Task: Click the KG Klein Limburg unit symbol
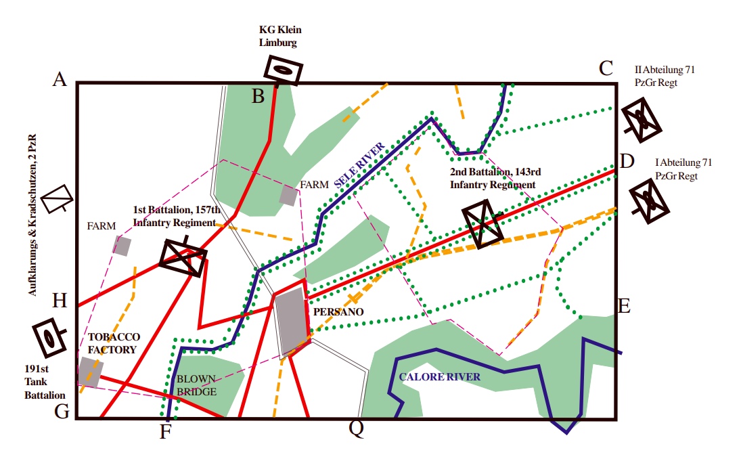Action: [283, 69]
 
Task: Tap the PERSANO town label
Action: [338, 312]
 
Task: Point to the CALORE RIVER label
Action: [440, 377]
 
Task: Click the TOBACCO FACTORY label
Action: [113, 343]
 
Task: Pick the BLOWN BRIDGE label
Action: [197, 386]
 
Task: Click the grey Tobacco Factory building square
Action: [90, 372]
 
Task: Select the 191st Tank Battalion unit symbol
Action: [49, 337]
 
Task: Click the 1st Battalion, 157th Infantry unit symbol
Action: [183, 257]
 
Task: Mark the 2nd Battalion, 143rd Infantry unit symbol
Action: [482, 223]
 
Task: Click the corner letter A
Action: [60, 80]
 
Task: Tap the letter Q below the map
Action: [356, 428]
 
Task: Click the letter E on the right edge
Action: [624, 306]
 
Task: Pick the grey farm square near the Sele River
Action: [288, 196]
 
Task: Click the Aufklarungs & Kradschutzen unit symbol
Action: [57, 199]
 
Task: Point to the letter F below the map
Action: [166, 431]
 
